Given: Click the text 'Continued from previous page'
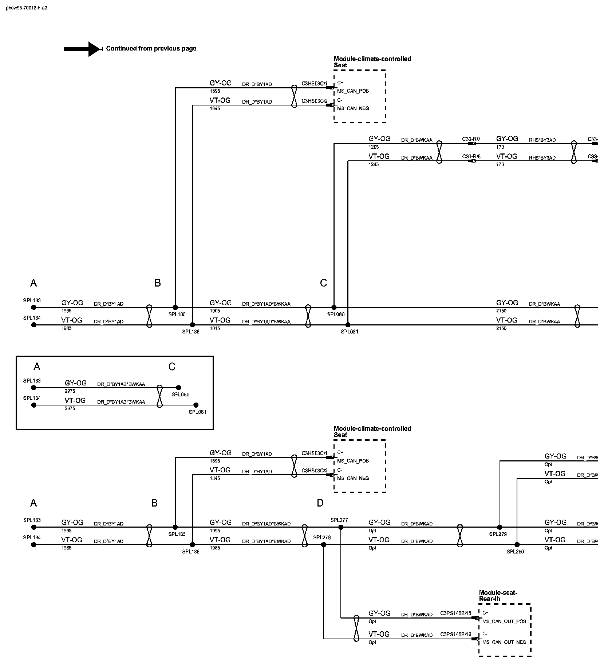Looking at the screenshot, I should coord(151,48).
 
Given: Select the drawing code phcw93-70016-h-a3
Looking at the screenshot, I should coord(27,8).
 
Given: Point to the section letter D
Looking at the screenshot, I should coord(320,503).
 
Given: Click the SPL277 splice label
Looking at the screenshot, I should coord(339,520).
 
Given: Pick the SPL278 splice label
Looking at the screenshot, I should coord(322,537).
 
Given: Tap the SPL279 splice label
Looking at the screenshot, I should coord(498,534).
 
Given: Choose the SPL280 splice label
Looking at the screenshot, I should coord(515,552).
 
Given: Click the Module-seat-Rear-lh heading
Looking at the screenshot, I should coord(498,596).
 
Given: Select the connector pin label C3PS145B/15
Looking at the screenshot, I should coord(455,613).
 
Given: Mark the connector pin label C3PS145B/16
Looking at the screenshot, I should coord(455,634).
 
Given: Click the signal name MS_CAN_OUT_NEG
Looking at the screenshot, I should coord(504,642).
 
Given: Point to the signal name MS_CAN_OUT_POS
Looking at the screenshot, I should coord(504,621).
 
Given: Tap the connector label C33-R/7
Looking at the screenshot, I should coord(471,139).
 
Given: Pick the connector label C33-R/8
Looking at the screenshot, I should coord(471,156).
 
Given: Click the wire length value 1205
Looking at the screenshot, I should coord(374,147).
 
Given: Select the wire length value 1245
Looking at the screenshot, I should coord(374,164).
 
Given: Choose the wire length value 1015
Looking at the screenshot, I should coord(215,328).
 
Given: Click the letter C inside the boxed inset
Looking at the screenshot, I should coord(172,367).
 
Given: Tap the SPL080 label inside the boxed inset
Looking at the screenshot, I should coord(180,395).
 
